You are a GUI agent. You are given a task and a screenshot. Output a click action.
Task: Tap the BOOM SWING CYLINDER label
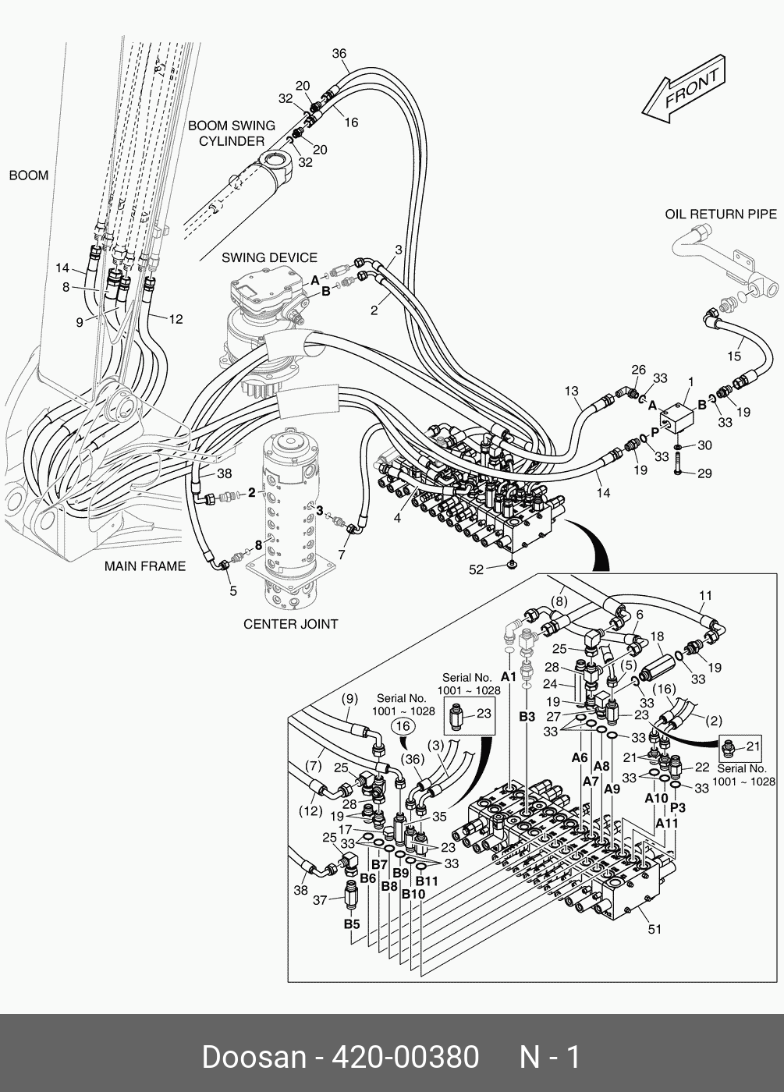(x=232, y=133)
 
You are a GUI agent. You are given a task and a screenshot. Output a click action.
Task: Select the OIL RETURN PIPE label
(x=720, y=214)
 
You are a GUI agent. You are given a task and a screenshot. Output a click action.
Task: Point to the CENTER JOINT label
(x=290, y=624)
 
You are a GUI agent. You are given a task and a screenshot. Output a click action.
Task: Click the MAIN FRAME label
(x=145, y=566)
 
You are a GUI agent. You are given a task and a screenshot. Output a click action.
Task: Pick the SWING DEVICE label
(x=269, y=257)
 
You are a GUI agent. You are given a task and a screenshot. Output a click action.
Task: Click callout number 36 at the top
(x=339, y=54)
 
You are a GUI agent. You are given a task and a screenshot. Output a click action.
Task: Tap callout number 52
(x=476, y=570)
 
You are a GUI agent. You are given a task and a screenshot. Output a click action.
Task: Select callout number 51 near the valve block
(x=655, y=928)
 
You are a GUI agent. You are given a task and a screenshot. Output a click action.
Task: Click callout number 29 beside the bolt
(x=704, y=473)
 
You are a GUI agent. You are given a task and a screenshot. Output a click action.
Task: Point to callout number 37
(x=319, y=900)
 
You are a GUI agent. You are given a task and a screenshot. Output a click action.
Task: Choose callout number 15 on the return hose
(x=734, y=356)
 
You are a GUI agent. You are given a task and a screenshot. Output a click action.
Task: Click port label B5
(x=352, y=924)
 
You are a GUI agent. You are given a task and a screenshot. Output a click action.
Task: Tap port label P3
(x=678, y=807)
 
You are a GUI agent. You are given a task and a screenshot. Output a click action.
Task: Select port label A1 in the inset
(x=508, y=677)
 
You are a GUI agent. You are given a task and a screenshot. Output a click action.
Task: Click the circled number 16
(x=402, y=726)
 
